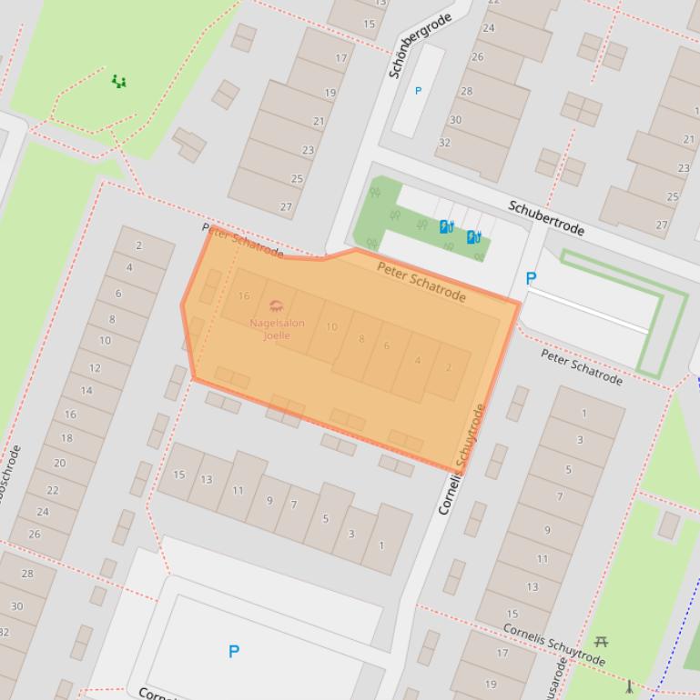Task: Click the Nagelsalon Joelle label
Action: tap(277, 329)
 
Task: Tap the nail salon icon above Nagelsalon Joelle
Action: tap(277, 305)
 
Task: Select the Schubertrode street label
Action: tap(546, 218)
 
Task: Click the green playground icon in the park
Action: tap(118, 82)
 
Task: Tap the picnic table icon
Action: tap(601, 642)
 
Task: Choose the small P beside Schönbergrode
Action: tap(419, 91)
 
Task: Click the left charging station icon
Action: tap(446, 227)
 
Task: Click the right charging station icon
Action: tap(473, 237)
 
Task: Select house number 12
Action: tap(95, 368)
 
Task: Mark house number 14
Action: tap(86, 391)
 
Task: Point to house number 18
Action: tap(66, 438)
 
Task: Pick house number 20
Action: tap(60, 463)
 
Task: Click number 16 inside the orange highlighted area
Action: tap(244, 296)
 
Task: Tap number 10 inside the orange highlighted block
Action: tap(331, 327)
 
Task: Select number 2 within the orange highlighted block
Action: tap(448, 368)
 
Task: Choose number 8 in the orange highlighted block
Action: tap(361, 339)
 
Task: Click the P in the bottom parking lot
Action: tap(234, 651)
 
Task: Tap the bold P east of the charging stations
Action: tap(531, 279)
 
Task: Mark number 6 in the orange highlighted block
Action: tap(387, 346)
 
